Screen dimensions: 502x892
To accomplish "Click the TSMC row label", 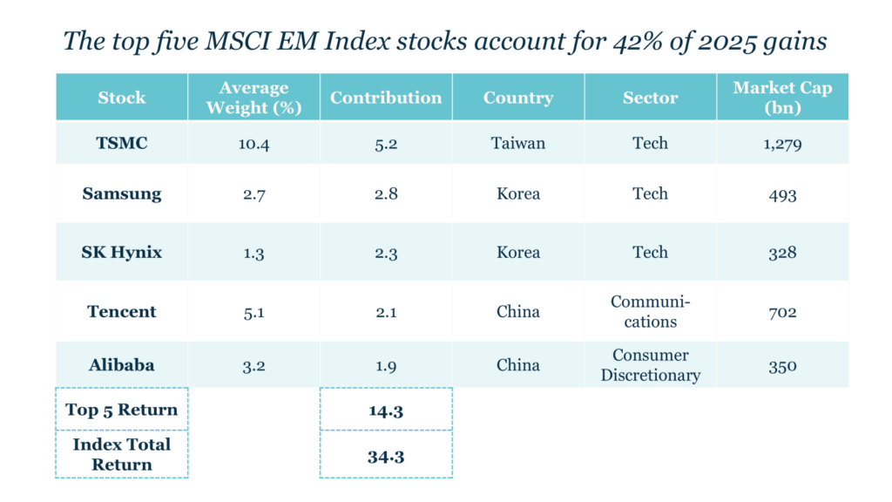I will (x=122, y=143).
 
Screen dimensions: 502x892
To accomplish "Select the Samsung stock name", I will (x=122, y=193).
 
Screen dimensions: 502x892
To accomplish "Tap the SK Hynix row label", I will (x=122, y=253).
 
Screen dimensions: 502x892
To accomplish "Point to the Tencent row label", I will (x=122, y=311).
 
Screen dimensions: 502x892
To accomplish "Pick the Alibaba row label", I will (x=122, y=365).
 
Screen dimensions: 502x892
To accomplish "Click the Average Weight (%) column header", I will (x=253, y=97).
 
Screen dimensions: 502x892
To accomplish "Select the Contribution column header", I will (x=386, y=97).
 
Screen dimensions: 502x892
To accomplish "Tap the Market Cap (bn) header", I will (x=782, y=97).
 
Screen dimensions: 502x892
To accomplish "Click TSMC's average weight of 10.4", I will (x=253, y=144).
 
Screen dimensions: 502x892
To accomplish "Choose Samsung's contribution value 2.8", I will (x=386, y=193).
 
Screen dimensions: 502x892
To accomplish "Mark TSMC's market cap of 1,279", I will (x=782, y=144).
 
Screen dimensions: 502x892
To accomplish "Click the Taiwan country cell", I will (x=518, y=143).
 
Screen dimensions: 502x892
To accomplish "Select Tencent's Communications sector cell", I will (x=650, y=311).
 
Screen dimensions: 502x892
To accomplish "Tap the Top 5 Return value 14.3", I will (x=386, y=410).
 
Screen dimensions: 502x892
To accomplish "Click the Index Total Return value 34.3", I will (x=386, y=454).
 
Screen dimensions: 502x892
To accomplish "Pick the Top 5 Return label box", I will (x=122, y=410).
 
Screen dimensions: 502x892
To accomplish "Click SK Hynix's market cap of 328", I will (x=782, y=253).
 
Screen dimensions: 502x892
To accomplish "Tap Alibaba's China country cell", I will (x=518, y=365).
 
